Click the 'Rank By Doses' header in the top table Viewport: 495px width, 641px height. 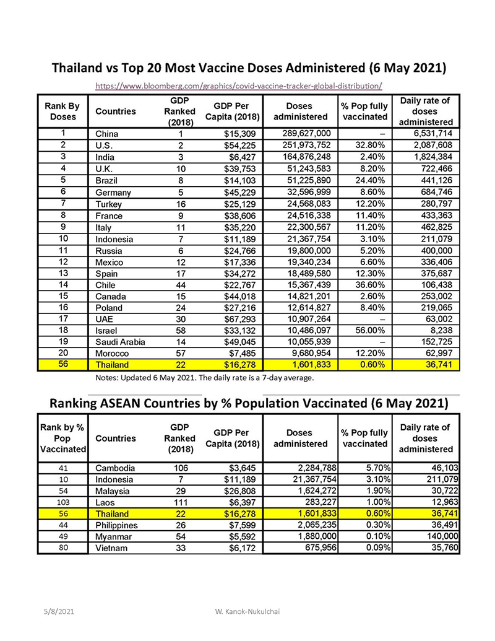pos(62,111)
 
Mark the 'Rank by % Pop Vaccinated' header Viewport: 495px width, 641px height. pos(62,438)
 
